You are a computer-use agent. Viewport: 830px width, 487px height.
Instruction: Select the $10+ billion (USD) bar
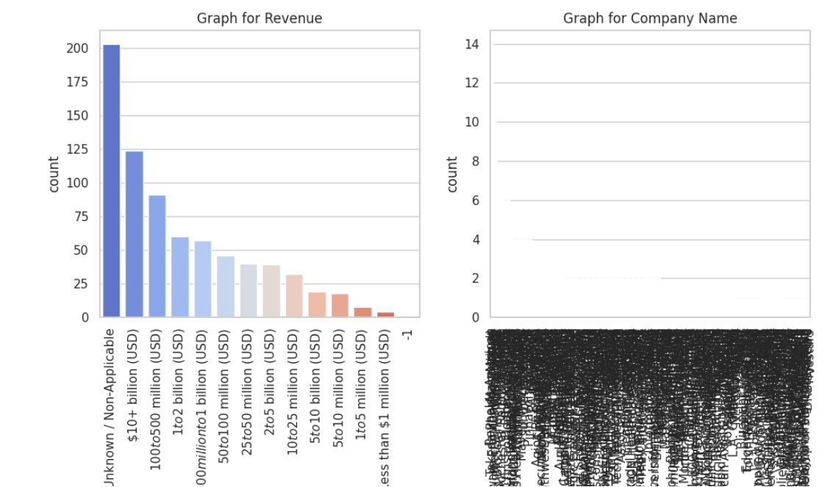coord(134,234)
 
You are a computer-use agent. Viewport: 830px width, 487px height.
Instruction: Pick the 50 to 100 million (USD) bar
coord(225,286)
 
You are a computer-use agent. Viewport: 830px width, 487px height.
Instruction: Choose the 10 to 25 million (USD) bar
coord(294,296)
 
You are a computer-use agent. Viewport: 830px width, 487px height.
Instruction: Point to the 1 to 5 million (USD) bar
coord(362,312)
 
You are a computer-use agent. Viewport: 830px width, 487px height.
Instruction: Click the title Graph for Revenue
coord(259,18)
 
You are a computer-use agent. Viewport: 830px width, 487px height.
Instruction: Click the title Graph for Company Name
coord(650,18)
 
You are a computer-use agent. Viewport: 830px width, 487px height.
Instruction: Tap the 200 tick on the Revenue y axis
coord(78,48)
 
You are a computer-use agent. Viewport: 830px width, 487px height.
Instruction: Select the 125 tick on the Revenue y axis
coord(78,150)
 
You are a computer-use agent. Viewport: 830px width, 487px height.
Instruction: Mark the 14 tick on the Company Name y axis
coord(471,44)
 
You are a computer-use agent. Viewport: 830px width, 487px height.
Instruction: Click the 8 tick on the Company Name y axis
coord(475,162)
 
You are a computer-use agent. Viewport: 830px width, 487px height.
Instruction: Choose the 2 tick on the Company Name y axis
coord(475,279)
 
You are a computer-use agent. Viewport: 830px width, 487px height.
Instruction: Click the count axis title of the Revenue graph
coord(54,175)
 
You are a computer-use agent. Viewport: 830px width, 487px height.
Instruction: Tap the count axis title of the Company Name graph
coord(452,175)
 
